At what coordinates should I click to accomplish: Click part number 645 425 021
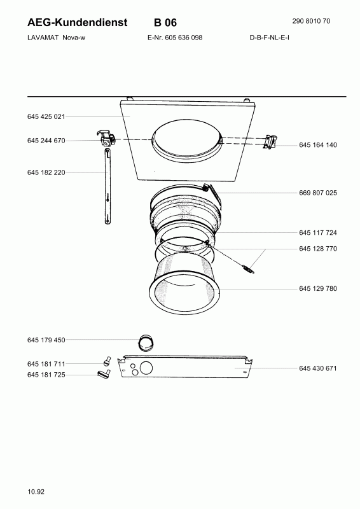46,116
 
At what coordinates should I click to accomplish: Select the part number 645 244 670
46,141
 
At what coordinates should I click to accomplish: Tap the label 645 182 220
46,172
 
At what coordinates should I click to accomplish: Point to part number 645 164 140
318,145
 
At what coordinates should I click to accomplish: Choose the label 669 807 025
318,193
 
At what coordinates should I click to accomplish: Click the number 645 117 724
318,233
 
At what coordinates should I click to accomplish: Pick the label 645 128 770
318,249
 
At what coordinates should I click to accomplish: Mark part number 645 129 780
318,289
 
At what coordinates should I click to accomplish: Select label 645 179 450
46,340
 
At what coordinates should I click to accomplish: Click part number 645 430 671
318,368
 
